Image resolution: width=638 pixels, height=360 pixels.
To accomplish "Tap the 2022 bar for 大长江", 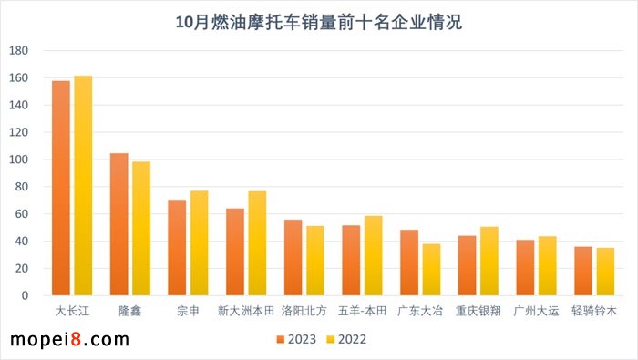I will pos(83,186).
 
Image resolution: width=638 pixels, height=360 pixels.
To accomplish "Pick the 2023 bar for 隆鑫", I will pos(119,224).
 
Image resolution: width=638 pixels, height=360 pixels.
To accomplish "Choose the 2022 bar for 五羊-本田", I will pos(374,256).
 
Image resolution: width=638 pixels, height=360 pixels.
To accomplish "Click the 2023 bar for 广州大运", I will pos(525,268).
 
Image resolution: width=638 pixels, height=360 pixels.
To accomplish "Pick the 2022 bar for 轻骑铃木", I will pos(605,272).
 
